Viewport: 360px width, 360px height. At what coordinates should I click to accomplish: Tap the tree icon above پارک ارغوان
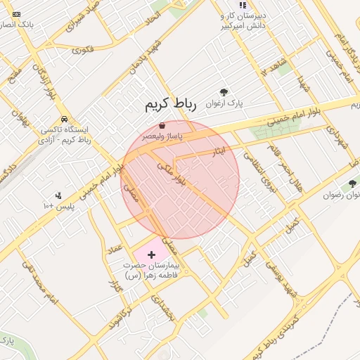[224, 92]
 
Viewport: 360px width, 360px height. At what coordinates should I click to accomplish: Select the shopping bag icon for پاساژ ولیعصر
[162, 124]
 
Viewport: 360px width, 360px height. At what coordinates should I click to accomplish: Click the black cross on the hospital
[151, 253]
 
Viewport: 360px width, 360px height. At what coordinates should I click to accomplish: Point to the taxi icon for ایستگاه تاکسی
[65, 119]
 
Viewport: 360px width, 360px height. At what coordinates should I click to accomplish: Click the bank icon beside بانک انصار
[17, 14]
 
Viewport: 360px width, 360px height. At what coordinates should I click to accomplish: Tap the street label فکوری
[82, 50]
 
